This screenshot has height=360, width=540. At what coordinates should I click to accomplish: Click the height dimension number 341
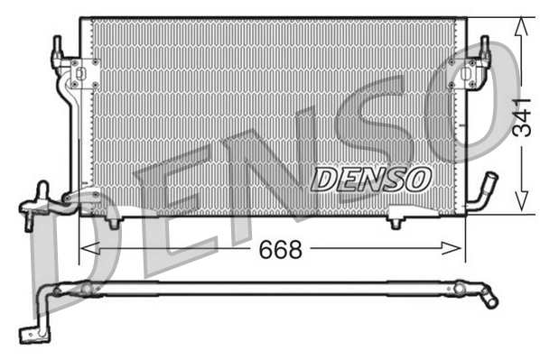tap(521, 115)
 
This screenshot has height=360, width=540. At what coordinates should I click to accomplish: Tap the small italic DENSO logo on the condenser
tap(370, 179)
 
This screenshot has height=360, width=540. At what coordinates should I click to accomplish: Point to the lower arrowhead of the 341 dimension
tap(521, 206)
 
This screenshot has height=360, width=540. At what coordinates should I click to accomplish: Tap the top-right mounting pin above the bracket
tap(484, 45)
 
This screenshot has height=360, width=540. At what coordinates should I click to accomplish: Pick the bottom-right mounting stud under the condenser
tap(396, 219)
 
